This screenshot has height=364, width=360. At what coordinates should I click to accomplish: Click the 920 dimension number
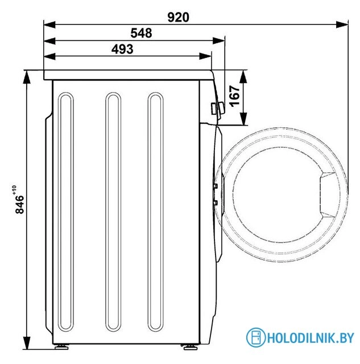click(178, 17)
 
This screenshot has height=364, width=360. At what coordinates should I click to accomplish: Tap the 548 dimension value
click(141, 33)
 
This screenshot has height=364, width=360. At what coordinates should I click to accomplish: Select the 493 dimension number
click(122, 49)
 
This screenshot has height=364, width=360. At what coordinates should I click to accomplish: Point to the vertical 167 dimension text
click(234, 96)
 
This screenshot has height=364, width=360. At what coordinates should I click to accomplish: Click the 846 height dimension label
click(19, 204)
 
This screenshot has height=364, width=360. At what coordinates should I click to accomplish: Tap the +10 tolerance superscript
click(14, 189)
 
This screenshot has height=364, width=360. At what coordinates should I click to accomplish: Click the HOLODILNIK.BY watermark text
click(311, 338)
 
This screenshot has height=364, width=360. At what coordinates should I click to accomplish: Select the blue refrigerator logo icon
click(255, 337)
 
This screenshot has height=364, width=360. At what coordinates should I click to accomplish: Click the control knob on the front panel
click(217, 108)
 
